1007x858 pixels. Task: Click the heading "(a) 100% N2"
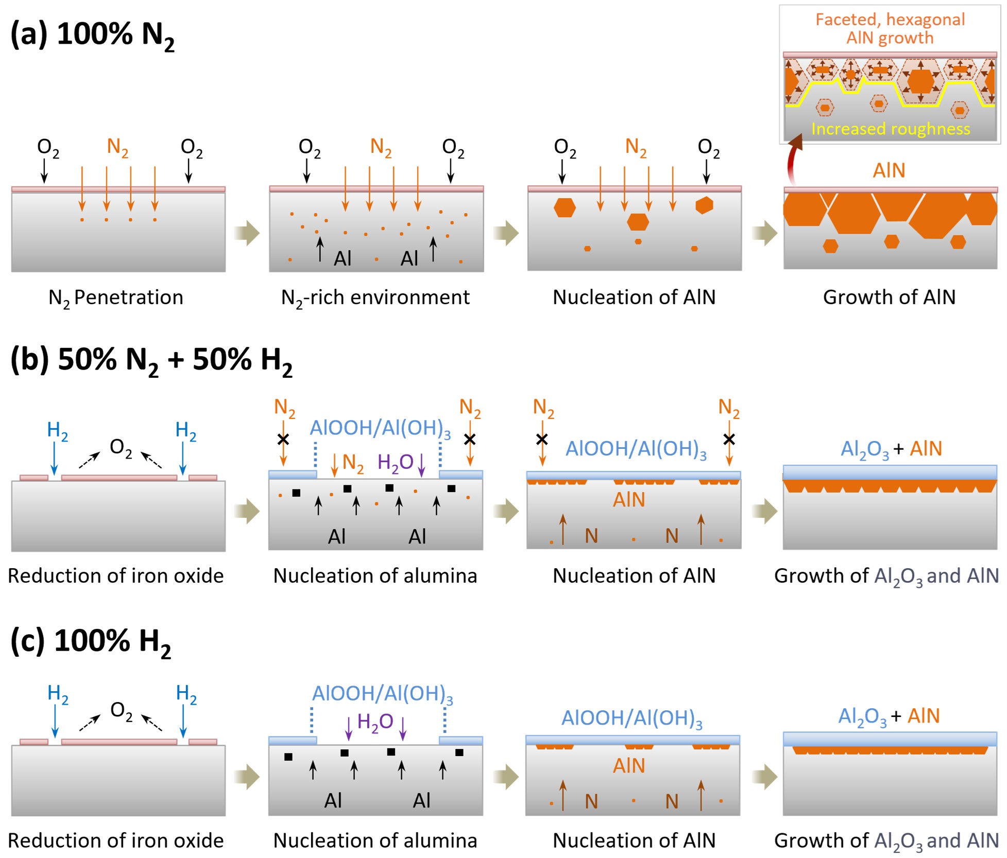(x=93, y=35)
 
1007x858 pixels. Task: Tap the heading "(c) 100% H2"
(x=91, y=642)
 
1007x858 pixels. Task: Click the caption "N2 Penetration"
(x=116, y=297)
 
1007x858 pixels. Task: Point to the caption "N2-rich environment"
(x=375, y=297)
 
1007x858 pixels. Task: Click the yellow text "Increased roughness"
(x=890, y=129)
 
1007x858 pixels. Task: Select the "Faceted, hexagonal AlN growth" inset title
(x=890, y=28)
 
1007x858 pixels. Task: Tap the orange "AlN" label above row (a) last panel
(x=889, y=170)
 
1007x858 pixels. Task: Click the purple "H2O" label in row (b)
(x=395, y=462)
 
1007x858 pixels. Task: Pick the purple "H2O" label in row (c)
(x=375, y=722)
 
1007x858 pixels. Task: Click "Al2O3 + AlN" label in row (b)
(x=891, y=449)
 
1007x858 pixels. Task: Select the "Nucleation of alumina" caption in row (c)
(x=375, y=841)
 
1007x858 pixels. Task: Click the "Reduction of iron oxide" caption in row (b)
(x=116, y=576)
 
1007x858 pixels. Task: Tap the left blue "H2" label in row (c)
(x=58, y=694)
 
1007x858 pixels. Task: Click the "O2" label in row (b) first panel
(x=121, y=448)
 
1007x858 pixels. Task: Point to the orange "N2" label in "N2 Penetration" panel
(x=117, y=147)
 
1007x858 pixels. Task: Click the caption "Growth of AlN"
(x=889, y=297)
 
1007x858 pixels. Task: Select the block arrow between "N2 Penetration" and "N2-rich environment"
(x=247, y=233)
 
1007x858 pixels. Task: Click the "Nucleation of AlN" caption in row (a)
(x=634, y=297)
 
